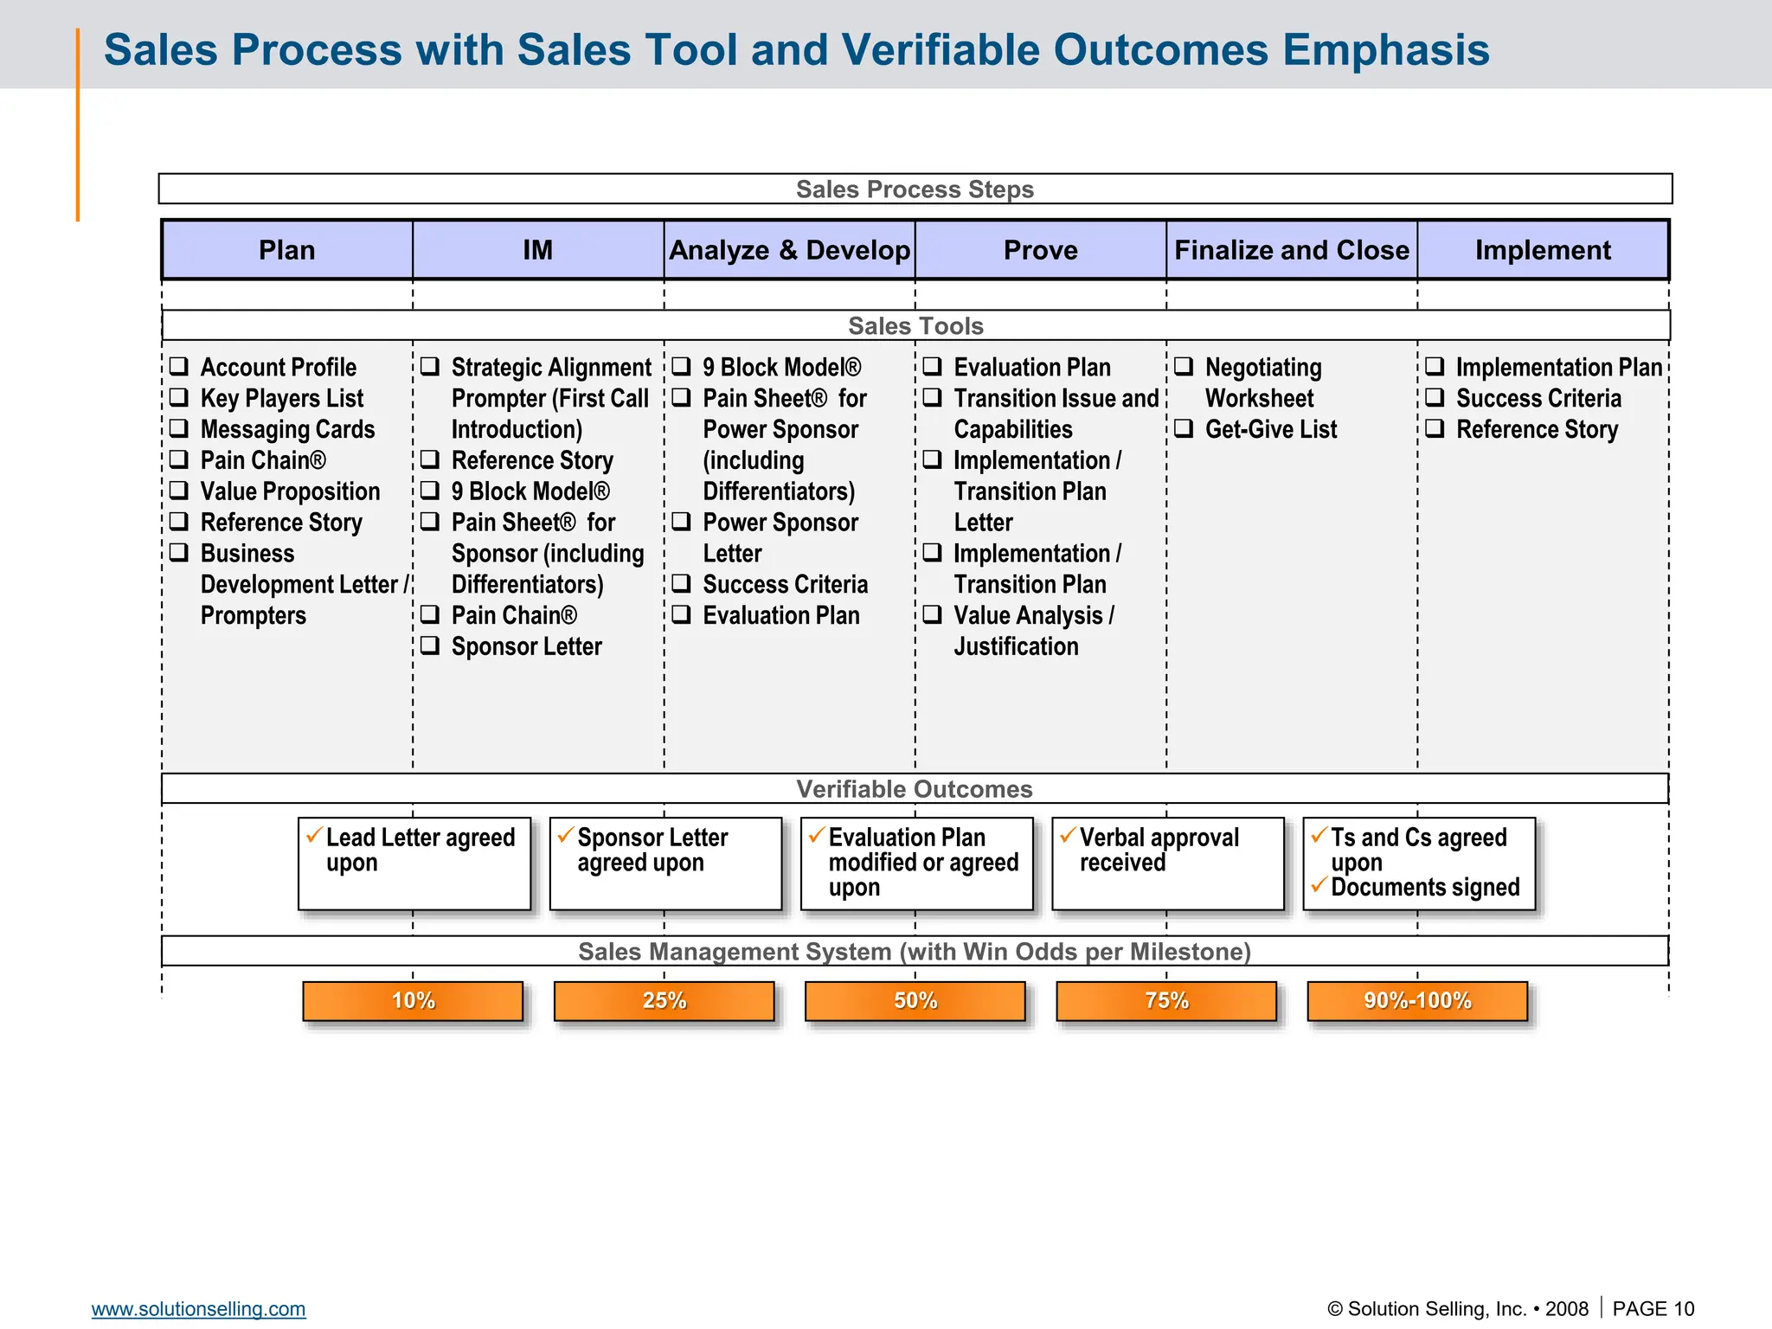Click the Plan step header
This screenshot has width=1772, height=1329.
click(286, 250)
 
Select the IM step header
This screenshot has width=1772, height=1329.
click(537, 250)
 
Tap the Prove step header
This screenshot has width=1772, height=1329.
click(1040, 250)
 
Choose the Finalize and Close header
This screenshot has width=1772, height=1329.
click(1291, 250)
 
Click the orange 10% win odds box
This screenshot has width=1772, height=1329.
click(413, 1001)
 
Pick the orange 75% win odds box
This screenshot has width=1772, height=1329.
click(1166, 1001)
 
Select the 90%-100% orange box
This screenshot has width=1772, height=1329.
click(1417, 1001)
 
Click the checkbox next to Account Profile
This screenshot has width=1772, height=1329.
click(179, 366)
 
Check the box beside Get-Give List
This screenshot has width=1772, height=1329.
click(1184, 428)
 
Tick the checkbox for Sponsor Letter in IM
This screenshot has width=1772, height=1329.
click(430, 645)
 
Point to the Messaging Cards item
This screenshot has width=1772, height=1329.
click(287, 429)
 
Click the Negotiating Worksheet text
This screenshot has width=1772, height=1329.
click(1262, 382)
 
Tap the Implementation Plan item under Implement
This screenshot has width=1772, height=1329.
click(1558, 367)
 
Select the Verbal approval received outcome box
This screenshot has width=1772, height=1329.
click(1167, 864)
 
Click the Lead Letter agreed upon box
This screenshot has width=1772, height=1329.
click(414, 864)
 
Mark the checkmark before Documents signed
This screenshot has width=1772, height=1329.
click(1319, 885)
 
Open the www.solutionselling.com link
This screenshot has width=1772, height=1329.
click(198, 1308)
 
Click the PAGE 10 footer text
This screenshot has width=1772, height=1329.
click(1653, 1308)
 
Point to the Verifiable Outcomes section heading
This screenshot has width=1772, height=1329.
click(915, 789)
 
